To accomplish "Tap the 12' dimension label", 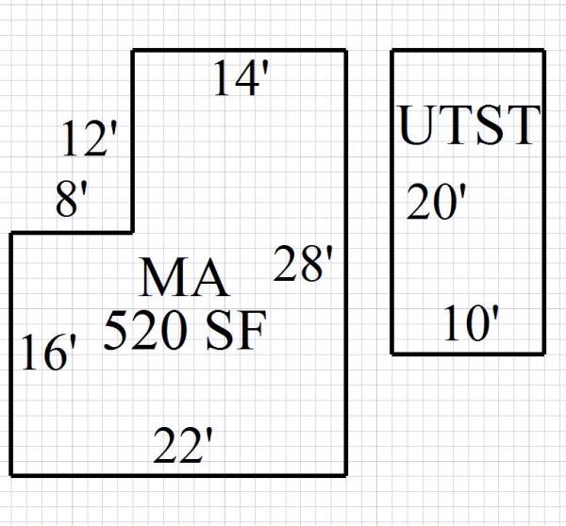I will coord(91,140).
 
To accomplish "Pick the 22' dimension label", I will coord(180,447).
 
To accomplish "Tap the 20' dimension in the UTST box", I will coord(435,202).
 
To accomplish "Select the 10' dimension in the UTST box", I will coord(471,326).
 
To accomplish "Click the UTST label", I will coord(469,127).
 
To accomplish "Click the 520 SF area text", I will coord(185,331).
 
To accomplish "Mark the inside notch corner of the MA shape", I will coord(132,232).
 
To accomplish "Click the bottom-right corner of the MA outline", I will coord(345,474).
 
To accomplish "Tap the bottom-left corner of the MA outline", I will coord(11,474).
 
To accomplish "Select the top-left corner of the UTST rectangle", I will coord(392,51).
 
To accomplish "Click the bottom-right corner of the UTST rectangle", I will coord(544,353).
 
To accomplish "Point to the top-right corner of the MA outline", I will coord(345,50).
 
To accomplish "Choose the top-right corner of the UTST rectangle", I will coord(544,51).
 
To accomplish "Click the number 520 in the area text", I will coord(145,331).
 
